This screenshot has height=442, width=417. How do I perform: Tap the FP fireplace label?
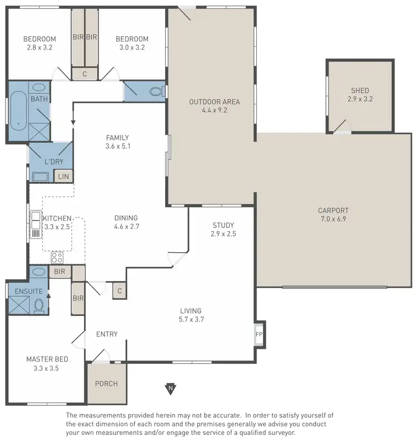click(x=259, y=334)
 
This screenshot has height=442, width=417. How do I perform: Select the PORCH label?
click(x=106, y=383)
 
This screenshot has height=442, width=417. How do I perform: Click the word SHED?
click(x=360, y=91)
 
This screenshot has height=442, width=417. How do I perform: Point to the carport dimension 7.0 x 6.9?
click(x=333, y=219)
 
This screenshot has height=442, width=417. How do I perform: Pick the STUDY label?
click(x=224, y=225)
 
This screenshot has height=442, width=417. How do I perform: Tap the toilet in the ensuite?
click(x=39, y=304)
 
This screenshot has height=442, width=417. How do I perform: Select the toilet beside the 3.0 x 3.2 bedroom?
click(x=156, y=91)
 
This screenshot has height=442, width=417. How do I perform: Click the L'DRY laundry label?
click(x=54, y=162)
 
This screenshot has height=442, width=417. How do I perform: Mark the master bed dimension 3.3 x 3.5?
click(x=42, y=368)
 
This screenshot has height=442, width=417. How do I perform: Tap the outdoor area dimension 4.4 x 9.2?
click(x=214, y=110)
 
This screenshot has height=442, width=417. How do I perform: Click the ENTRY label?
click(x=107, y=334)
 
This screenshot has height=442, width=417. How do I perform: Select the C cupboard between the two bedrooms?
click(x=85, y=73)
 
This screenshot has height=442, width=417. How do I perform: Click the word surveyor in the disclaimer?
click(x=281, y=432)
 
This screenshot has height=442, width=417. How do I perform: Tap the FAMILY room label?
click(x=117, y=138)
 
